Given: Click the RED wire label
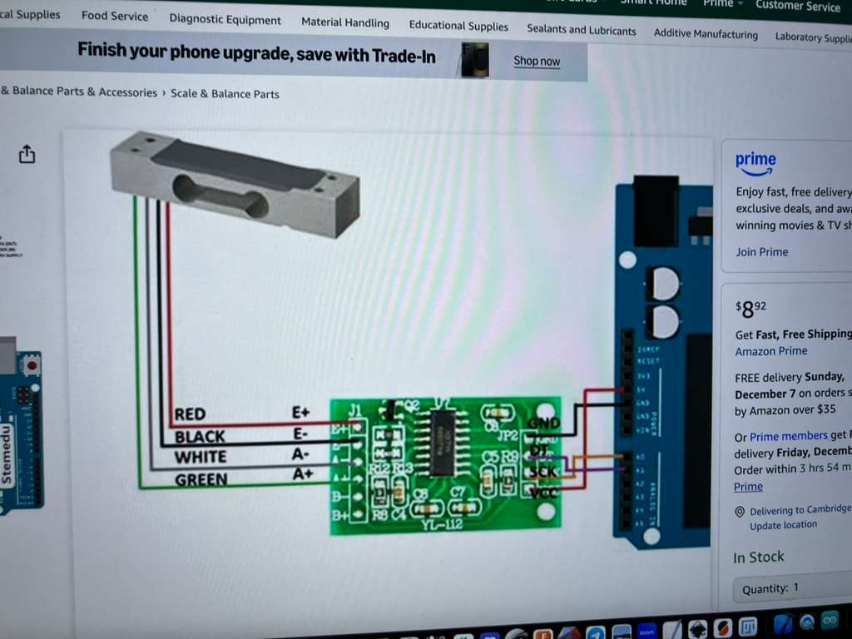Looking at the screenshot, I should pyautogui.click(x=190, y=414).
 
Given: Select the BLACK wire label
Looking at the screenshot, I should pyautogui.click(x=200, y=436).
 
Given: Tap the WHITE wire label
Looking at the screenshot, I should pyautogui.click(x=200, y=457).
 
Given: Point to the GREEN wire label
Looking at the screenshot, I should pyautogui.click(x=201, y=479).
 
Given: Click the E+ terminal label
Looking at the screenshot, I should pyautogui.click(x=300, y=413).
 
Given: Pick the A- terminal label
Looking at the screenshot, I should pyautogui.click(x=300, y=454).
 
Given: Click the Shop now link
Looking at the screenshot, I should pyautogui.click(x=537, y=61).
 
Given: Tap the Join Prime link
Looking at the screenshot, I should pyautogui.click(x=761, y=252).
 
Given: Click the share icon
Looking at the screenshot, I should pyautogui.click(x=27, y=154).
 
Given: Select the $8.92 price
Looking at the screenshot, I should pyautogui.click(x=750, y=310).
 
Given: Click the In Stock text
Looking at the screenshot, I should pyautogui.click(x=758, y=557).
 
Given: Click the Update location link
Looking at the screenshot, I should pyautogui.click(x=783, y=525).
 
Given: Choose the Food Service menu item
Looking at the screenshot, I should pyautogui.click(x=115, y=16).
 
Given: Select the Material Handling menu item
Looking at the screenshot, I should pyautogui.click(x=344, y=22).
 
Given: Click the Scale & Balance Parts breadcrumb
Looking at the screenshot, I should pyautogui.click(x=225, y=94).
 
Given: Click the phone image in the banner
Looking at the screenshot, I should pyautogui.click(x=474, y=60).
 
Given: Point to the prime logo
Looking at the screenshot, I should pyautogui.click(x=755, y=162).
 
